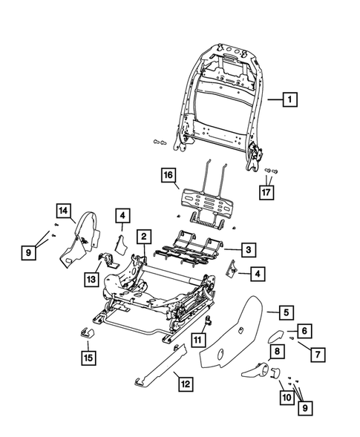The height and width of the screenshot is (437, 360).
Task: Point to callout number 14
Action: (66, 211)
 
